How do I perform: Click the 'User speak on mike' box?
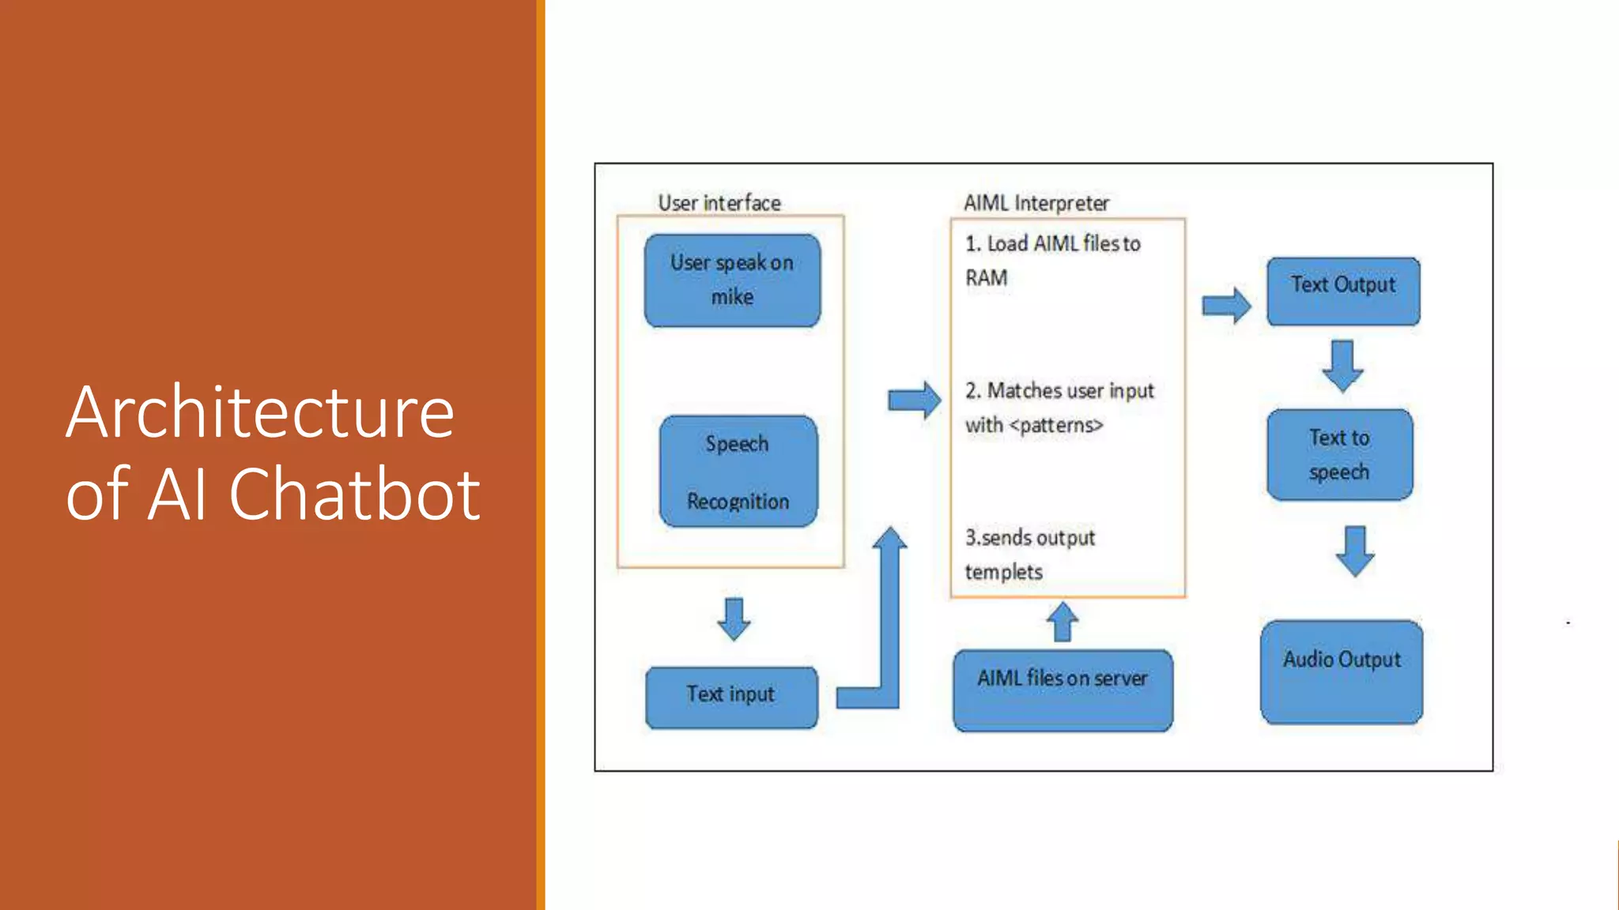click(732, 280)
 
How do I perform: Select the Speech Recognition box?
click(738, 472)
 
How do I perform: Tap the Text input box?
click(731, 696)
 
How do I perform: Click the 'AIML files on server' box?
click(1062, 690)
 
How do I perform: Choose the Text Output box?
click(1342, 291)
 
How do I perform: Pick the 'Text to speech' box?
click(1339, 454)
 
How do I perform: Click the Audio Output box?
click(1342, 671)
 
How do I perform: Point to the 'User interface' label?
click(719, 203)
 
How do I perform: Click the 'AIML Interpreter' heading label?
click(1036, 203)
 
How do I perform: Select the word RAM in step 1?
click(986, 278)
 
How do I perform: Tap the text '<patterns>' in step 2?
click(1055, 425)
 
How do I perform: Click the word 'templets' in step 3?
click(1003, 572)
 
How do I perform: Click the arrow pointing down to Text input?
click(734, 619)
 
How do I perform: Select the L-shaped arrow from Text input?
click(889, 632)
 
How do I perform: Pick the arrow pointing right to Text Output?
click(1226, 305)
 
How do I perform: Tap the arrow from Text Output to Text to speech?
click(1342, 365)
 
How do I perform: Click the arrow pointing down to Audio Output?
click(1355, 551)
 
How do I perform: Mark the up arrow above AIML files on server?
click(1062, 622)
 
